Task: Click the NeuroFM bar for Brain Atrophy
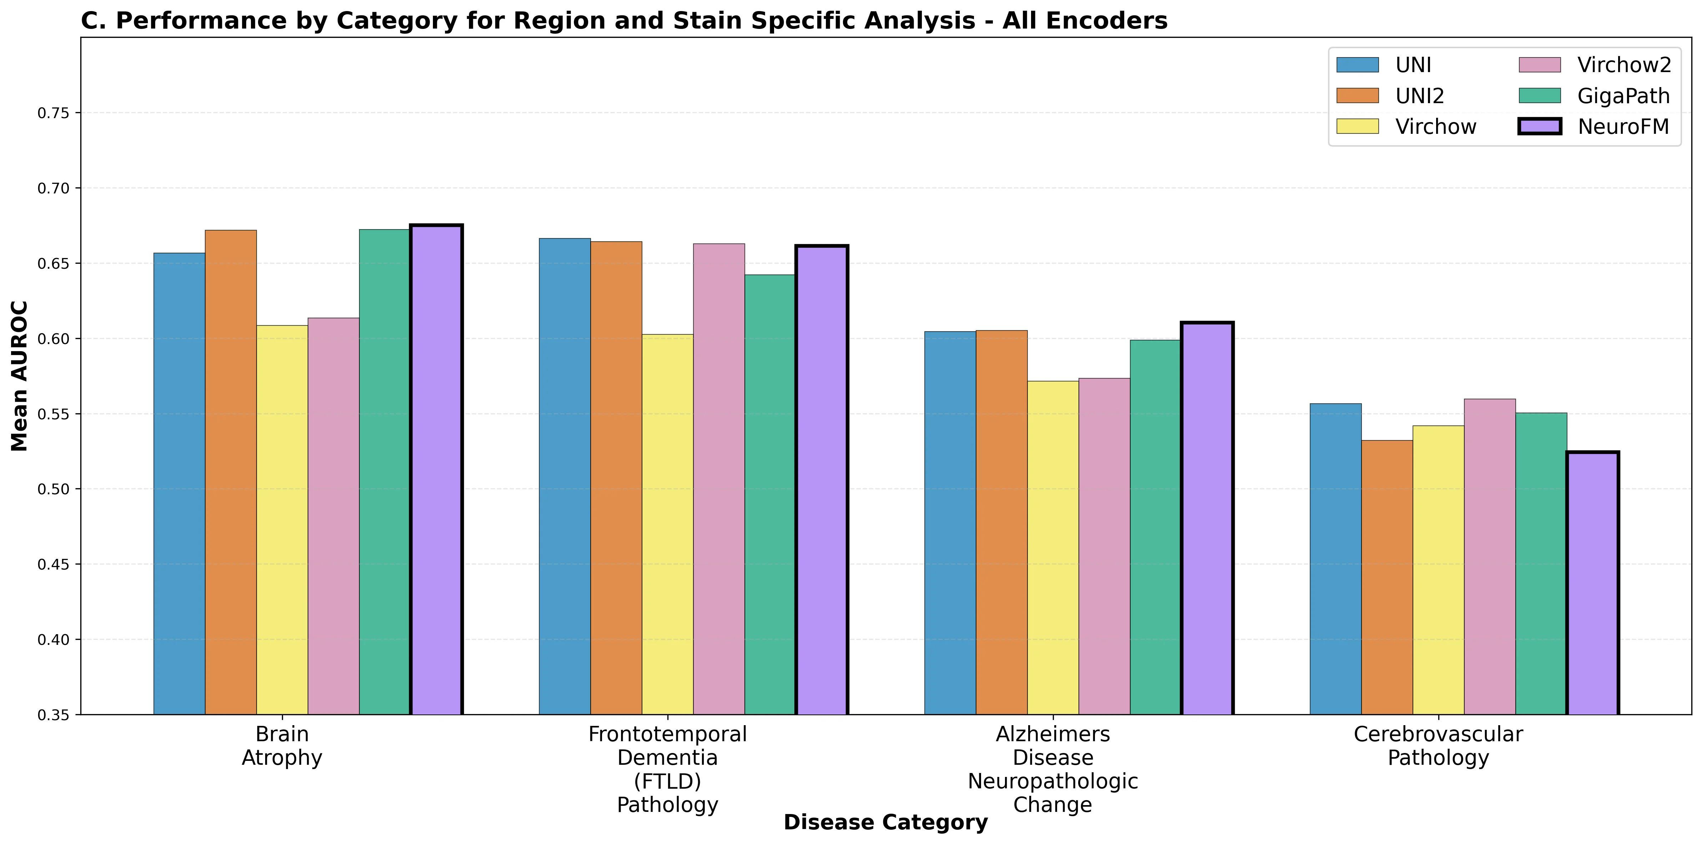[436, 469]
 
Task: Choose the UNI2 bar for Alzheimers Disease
[1001, 522]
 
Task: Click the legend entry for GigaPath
[1623, 96]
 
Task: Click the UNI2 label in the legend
[1419, 96]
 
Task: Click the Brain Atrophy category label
[282, 746]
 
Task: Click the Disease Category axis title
[885, 822]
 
